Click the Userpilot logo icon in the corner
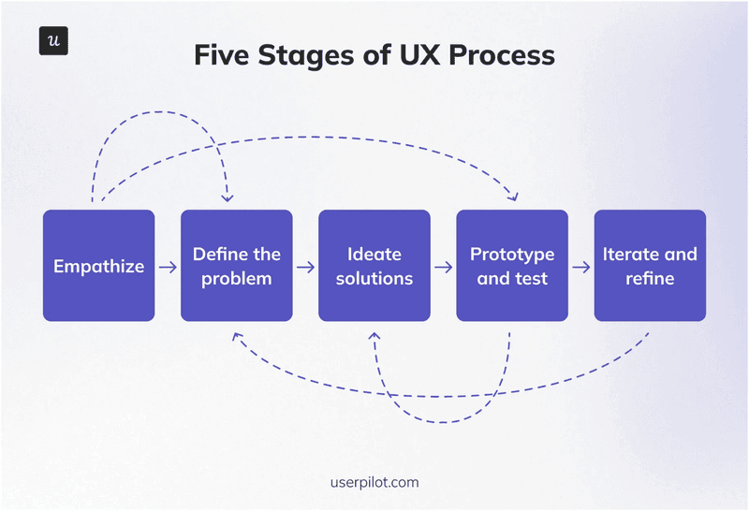(53, 40)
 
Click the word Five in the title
(223, 54)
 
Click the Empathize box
(99, 266)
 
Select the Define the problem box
(237, 266)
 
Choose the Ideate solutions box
(374, 266)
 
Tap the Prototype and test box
(512, 266)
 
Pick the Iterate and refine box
(650, 266)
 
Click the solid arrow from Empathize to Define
(168, 267)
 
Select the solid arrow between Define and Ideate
(305, 267)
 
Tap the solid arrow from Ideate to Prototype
(443, 267)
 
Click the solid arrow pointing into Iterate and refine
(581, 267)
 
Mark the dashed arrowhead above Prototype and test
(513, 197)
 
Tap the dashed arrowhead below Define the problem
(238, 335)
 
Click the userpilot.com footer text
(374, 483)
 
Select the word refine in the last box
(650, 278)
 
